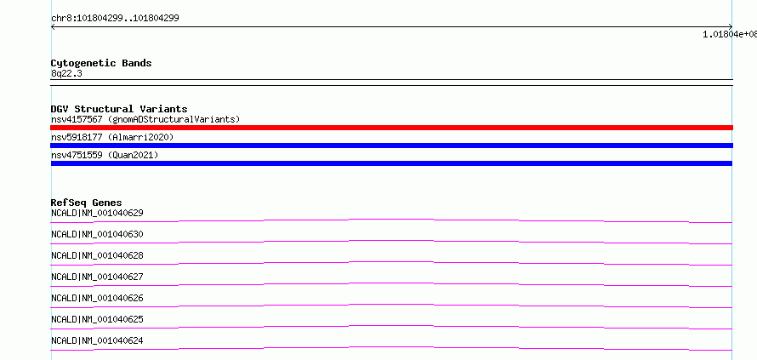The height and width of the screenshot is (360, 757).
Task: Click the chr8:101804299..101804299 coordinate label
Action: pyautogui.click(x=115, y=19)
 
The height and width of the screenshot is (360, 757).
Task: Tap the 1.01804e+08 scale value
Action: pyautogui.click(x=730, y=34)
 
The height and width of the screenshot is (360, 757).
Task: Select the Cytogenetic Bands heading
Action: pyautogui.click(x=101, y=63)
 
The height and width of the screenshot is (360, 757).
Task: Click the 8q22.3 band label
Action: pyautogui.click(x=66, y=73)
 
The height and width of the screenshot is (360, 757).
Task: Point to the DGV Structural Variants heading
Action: pyautogui.click(x=119, y=109)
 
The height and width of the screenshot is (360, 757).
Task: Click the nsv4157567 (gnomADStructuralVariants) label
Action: pyautogui.click(x=145, y=119)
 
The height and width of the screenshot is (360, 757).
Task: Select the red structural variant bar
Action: pyautogui.click(x=391, y=128)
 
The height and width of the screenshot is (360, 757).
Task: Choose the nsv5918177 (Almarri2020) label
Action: pyautogui.click(x=112, y=137)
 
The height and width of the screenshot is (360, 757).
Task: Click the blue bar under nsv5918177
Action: pyautogui.click(x=391, y=146)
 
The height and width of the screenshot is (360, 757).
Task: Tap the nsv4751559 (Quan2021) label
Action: pyautogui.click(x=105, y=155)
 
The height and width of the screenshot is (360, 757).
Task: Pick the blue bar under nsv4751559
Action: pyautogui.click(x=391, y=163)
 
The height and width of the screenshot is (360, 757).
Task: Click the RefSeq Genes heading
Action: pyautogui.click(x=87, y=203)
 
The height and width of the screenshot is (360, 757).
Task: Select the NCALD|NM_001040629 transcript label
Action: pyautogui.click(x=97, y=213)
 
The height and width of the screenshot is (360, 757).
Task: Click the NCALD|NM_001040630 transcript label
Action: pyautogui.click(x=97, y=234)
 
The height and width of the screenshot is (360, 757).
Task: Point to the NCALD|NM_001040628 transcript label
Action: pyautogui.click(x=97, y=255)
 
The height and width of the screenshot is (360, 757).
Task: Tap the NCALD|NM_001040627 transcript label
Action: pyautogui.click(x=97, y=277)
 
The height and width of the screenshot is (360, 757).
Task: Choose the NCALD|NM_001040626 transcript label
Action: pyautogui.click(x=97, y=298)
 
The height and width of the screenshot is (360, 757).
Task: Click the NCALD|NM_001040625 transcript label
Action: pyautogui.click(x=97, y=319)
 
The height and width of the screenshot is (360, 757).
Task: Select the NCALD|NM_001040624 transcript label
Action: pyautogui.click(x=97, y=340)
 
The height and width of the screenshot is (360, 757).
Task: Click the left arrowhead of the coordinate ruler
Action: pyautogui.click(x=52, y=27)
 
